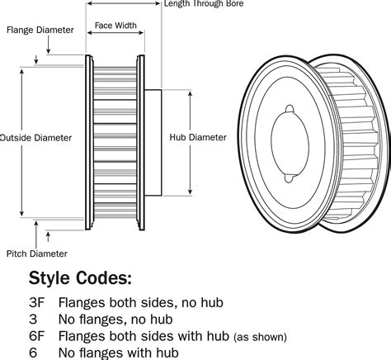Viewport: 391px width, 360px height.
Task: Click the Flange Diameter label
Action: (40, 30)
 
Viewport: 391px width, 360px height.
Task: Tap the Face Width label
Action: (115, 26)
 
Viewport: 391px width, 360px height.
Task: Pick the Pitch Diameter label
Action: (37, 253)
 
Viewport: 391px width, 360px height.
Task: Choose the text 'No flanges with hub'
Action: (118, 353)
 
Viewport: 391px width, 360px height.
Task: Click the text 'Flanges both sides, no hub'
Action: (140, 302)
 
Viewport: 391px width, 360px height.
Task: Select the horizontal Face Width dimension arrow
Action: (115, 37)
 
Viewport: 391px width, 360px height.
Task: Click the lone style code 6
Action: (34, 353)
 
